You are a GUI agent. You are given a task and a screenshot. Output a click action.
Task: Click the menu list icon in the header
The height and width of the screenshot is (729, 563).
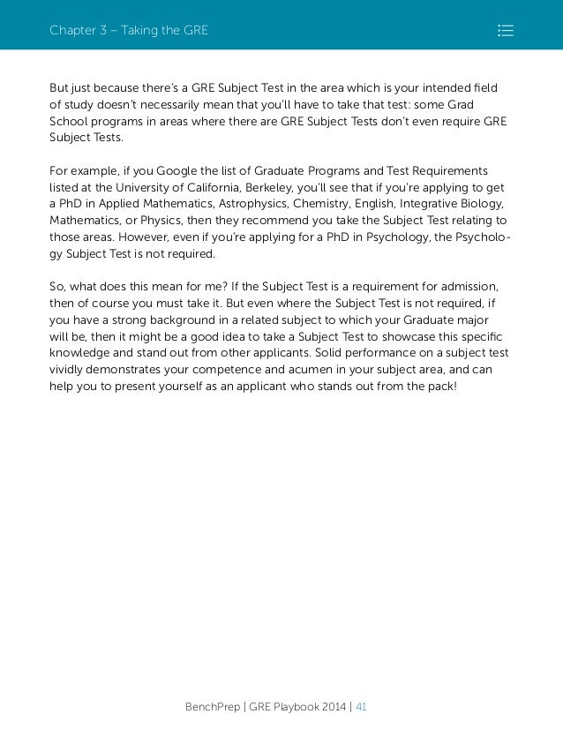point(506,31)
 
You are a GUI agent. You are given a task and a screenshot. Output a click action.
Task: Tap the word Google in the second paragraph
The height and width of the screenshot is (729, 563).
point(183,170)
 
